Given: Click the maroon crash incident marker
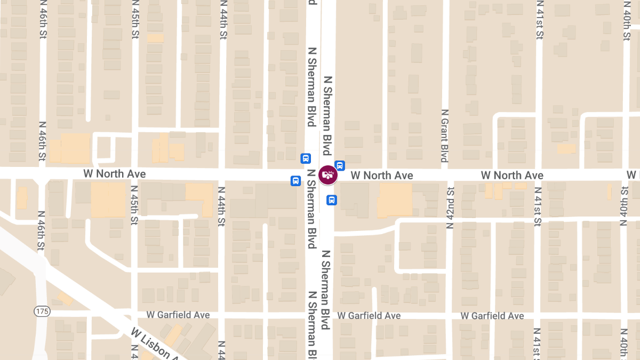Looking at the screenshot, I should [328, 175].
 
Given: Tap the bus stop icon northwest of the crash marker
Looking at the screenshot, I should [306, 158].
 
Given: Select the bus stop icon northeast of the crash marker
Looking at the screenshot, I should [340, 165].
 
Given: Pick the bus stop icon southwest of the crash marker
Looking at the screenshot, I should [295, 181].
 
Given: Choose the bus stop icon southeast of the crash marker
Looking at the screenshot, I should [331, 200].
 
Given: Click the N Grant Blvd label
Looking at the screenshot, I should [444, 135].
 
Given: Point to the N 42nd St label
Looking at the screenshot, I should [450, 208].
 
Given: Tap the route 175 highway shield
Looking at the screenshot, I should [41, 310].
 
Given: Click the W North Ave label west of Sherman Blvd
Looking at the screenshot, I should [114, 174].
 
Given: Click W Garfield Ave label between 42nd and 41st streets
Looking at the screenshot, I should [492, 316].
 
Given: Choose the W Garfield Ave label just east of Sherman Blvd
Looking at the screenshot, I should [369, 316].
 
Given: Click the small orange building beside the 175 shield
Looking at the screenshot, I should [65, 299].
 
